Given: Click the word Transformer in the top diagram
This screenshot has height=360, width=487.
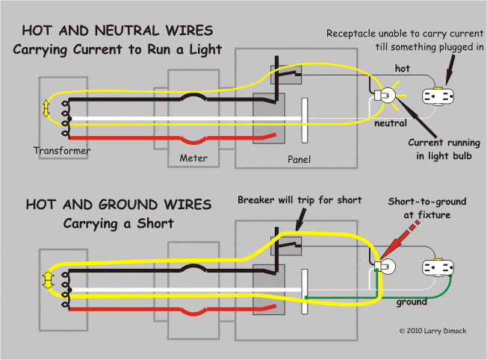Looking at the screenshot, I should tap(62, 151).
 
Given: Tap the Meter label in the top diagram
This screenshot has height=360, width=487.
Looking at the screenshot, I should tap(193, 158).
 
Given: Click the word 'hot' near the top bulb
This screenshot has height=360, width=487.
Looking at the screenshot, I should tap(402, 69).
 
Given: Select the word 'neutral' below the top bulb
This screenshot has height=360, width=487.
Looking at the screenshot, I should tap(391, 122).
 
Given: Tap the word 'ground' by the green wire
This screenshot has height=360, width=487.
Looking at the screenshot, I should tap(412, 302).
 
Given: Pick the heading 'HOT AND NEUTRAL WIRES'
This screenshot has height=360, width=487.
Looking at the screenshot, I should tap(117, 31).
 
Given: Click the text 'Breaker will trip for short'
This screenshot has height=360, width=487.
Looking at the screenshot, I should tap(299, 200).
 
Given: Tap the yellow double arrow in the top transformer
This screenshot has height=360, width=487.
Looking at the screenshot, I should tap(48, 108).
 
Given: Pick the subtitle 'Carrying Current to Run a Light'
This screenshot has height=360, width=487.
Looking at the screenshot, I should tap(117, 49).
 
